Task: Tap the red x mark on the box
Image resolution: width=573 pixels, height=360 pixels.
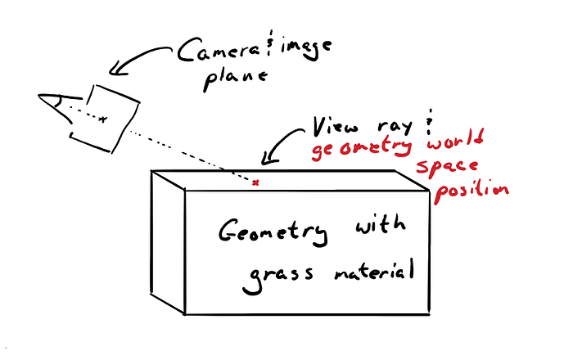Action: click(x=255, y=182)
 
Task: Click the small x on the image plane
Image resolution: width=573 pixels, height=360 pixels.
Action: click(x=102, y=120)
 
